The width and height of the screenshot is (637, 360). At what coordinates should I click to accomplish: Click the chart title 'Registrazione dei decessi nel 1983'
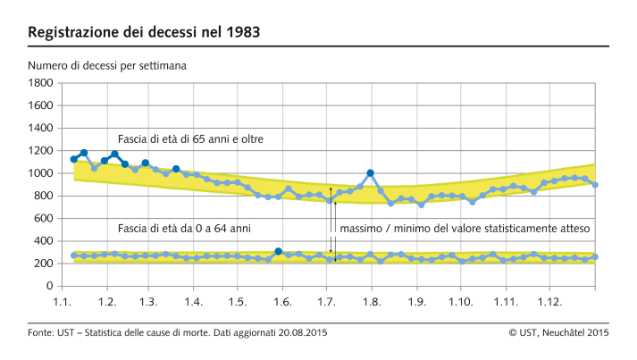[145, 33]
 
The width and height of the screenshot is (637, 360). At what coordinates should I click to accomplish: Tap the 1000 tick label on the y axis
[39, 173]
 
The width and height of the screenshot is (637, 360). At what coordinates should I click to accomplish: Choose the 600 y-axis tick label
[42, 218]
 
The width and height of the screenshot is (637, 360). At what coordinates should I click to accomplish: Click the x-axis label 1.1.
[62, 304]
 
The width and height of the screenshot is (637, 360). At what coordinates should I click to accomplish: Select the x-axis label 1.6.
[282, 304]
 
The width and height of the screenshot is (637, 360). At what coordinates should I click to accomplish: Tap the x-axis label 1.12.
[549, 304]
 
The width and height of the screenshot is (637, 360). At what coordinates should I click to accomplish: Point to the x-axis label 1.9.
[415, 304]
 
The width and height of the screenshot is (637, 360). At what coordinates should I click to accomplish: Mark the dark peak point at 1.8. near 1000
[370, 173]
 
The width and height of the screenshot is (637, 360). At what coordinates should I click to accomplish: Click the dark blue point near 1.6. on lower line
[279, 252]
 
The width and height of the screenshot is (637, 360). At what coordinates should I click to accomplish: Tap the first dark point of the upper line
[74, 159]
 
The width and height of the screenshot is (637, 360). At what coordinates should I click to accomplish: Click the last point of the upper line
[596, 185]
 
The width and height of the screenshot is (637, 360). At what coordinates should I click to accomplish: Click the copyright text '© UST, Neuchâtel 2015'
[558, 333]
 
